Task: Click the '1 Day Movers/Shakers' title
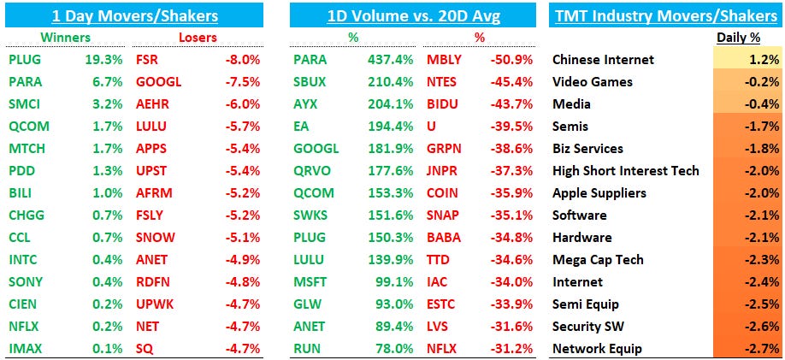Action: [x=135, y=15]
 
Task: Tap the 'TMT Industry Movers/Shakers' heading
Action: [x=665, y=15]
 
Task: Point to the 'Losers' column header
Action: [x=198, y=38]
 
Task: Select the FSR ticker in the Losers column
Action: [x=147, y=60]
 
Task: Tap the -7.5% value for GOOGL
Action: [x=241, y=82]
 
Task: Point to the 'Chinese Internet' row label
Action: [x=603, y=60]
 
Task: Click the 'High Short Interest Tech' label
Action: [x=625, y=171]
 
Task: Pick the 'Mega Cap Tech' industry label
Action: [x=598, y=260]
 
